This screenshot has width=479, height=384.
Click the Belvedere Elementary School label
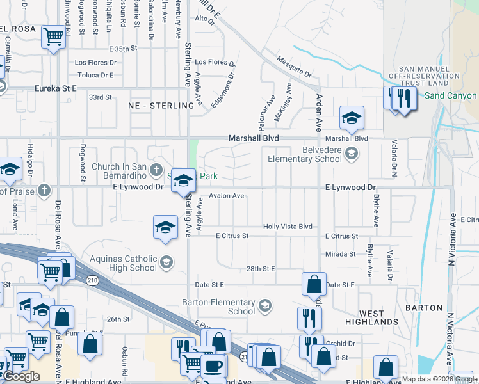[304, 154]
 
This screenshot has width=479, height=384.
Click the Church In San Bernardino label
[119, 172]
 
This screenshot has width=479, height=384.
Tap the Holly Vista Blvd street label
[288, 227]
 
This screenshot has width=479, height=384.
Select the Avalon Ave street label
[226, 196]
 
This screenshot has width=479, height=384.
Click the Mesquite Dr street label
[294, 67]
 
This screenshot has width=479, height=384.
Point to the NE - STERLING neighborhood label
[161, 105]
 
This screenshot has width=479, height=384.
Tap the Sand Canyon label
[451, 96]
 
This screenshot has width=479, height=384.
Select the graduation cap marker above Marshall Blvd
[352, 118]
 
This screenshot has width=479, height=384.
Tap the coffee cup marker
[213, 366]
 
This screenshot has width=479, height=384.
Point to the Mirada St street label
[340, 254]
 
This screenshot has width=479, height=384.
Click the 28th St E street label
[260, 269]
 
